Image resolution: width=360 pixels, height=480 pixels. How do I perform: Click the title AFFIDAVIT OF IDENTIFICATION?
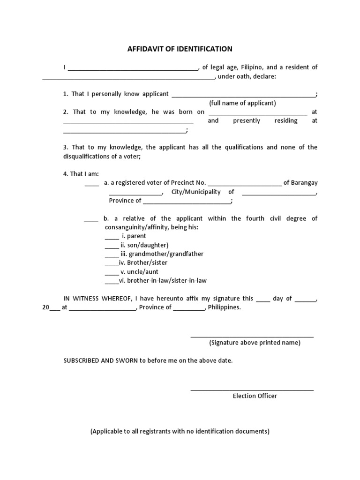pos(180,49)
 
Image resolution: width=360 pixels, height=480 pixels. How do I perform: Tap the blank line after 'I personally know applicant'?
pos(244,96)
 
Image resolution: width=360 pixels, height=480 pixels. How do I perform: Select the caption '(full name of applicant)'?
pos(242,103)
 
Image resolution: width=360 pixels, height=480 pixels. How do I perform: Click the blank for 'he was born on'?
pos(257,113)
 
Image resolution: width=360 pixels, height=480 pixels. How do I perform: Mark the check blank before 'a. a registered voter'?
pos(92,185)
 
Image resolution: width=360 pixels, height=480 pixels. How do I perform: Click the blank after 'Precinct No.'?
pos(244,185)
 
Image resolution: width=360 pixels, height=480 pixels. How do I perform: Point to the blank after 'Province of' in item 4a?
pos(187,202)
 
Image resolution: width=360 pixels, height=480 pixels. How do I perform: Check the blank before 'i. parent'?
pos(112,238)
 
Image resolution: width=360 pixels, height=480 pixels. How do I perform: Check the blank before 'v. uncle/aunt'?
pos(112,274)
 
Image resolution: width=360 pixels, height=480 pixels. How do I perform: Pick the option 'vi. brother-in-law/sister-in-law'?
pos(162,281)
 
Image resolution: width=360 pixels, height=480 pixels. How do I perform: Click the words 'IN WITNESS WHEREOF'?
pos(98,299)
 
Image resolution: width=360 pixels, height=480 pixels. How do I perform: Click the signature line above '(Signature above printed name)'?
pos(252,336)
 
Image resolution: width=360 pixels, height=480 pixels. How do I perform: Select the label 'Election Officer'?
pos(255,396)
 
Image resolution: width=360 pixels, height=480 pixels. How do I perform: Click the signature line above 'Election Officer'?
pos(252,390)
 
